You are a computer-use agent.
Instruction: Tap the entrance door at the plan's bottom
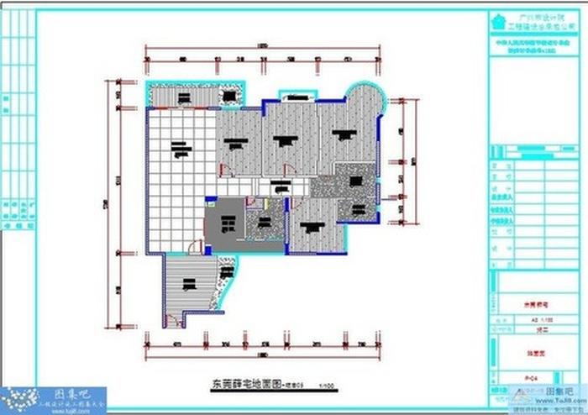click(x=174, y=319)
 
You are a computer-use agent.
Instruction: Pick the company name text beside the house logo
click(x=538, y=22)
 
